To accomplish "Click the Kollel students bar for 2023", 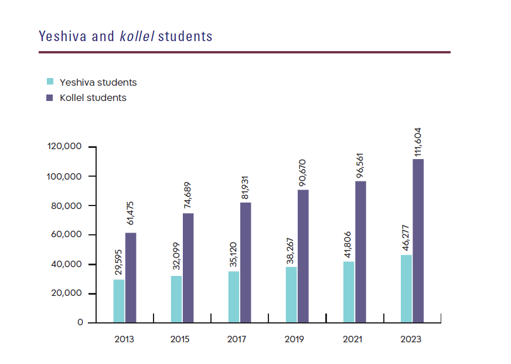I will tap(418, 241).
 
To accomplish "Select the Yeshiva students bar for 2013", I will tap(119, 301).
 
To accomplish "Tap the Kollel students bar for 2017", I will tap(246, 262).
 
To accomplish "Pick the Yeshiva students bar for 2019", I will tap(291, 295).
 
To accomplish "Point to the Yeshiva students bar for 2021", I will tap(349, 292).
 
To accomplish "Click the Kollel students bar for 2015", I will tap(188, 268).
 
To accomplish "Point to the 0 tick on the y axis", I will tap(80, 323).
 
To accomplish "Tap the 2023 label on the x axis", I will tap(411, 339).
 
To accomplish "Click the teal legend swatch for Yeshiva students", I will tap(50, 82).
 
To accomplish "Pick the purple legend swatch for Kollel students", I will tap(50, 97).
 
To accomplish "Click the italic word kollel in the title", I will tap(137, 36).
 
